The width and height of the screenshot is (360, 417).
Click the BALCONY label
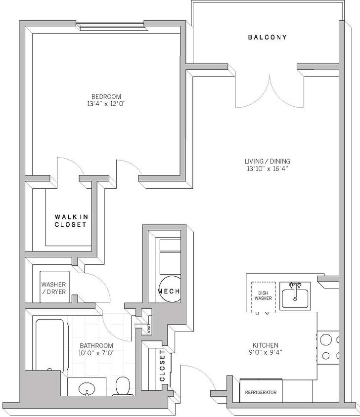coord(267,38)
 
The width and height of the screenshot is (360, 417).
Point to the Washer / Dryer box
coord(53,288)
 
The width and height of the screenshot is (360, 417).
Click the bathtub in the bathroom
coord(49,345)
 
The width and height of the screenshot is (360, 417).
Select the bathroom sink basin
coord(88,388)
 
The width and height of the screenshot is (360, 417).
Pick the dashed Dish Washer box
coord(263,295)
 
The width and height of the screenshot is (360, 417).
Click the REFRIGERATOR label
coord(261,393)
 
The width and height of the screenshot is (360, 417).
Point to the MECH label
coord(168,292)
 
